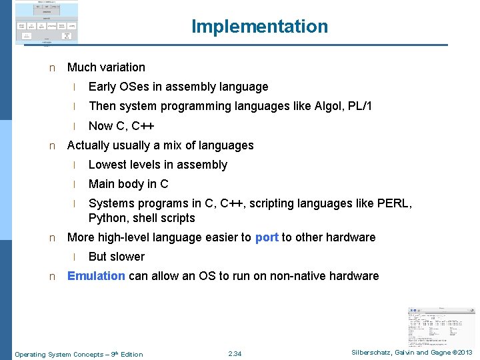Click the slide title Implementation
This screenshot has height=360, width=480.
(259, 27)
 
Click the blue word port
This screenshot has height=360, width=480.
(267, 237)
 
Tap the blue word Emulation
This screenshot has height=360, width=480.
(96, 276)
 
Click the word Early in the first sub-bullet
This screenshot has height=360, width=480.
(103, 87)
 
